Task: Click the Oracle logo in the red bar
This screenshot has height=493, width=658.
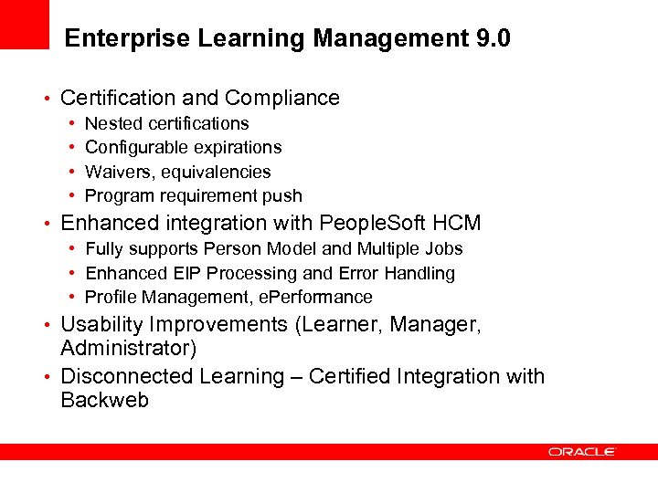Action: [x=582, y=452]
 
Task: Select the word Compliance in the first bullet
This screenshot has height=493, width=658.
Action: [x=282, y=98]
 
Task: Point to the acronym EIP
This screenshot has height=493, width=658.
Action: [x=183, y=273]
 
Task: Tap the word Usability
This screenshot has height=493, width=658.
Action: [x=102, y=324]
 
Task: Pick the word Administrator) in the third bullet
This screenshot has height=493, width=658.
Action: [x=128, y=348]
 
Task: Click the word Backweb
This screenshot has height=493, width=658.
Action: [x=104, y=400]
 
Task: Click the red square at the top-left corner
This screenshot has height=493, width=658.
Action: [x=24, y=24]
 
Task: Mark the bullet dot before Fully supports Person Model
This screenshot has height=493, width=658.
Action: [x=71, y=249]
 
